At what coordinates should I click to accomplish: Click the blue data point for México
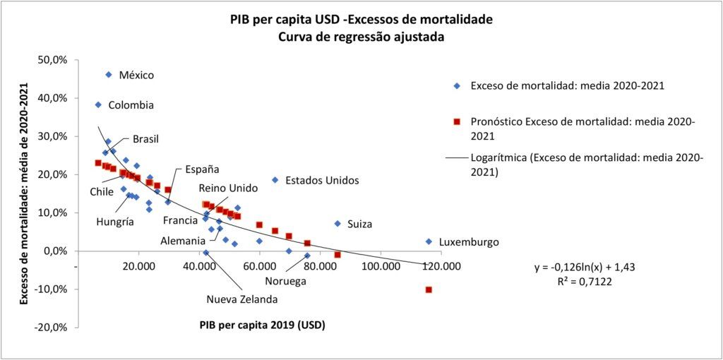point(109,75)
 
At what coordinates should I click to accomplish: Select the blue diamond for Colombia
point(98,104)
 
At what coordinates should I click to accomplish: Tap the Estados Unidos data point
point(275,180)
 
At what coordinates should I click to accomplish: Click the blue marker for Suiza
point(337,224)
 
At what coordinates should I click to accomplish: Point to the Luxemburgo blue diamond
point(429,241)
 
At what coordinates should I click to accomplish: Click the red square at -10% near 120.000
point(429,289)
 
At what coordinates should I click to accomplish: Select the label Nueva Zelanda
point(241,299)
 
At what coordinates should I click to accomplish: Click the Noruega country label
point(286,281)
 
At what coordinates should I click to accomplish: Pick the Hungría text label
point(115,222)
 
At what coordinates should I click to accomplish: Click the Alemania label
point(183,241)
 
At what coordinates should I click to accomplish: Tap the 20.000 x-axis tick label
point(138,266)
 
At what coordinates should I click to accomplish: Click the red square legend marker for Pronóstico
point(457,121)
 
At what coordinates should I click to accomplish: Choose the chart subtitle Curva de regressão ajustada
point(361,37)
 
